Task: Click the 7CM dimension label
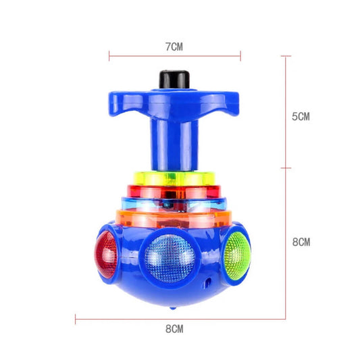[174, 47]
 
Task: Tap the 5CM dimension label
[301, 117]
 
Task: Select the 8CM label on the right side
[301, 242]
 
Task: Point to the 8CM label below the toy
[174, 329]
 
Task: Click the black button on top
[174, 80]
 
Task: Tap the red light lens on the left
[106, 255]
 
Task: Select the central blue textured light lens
[170, 258]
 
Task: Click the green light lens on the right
[237, 255]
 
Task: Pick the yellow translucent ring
[174, 178]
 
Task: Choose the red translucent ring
[174, 191]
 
